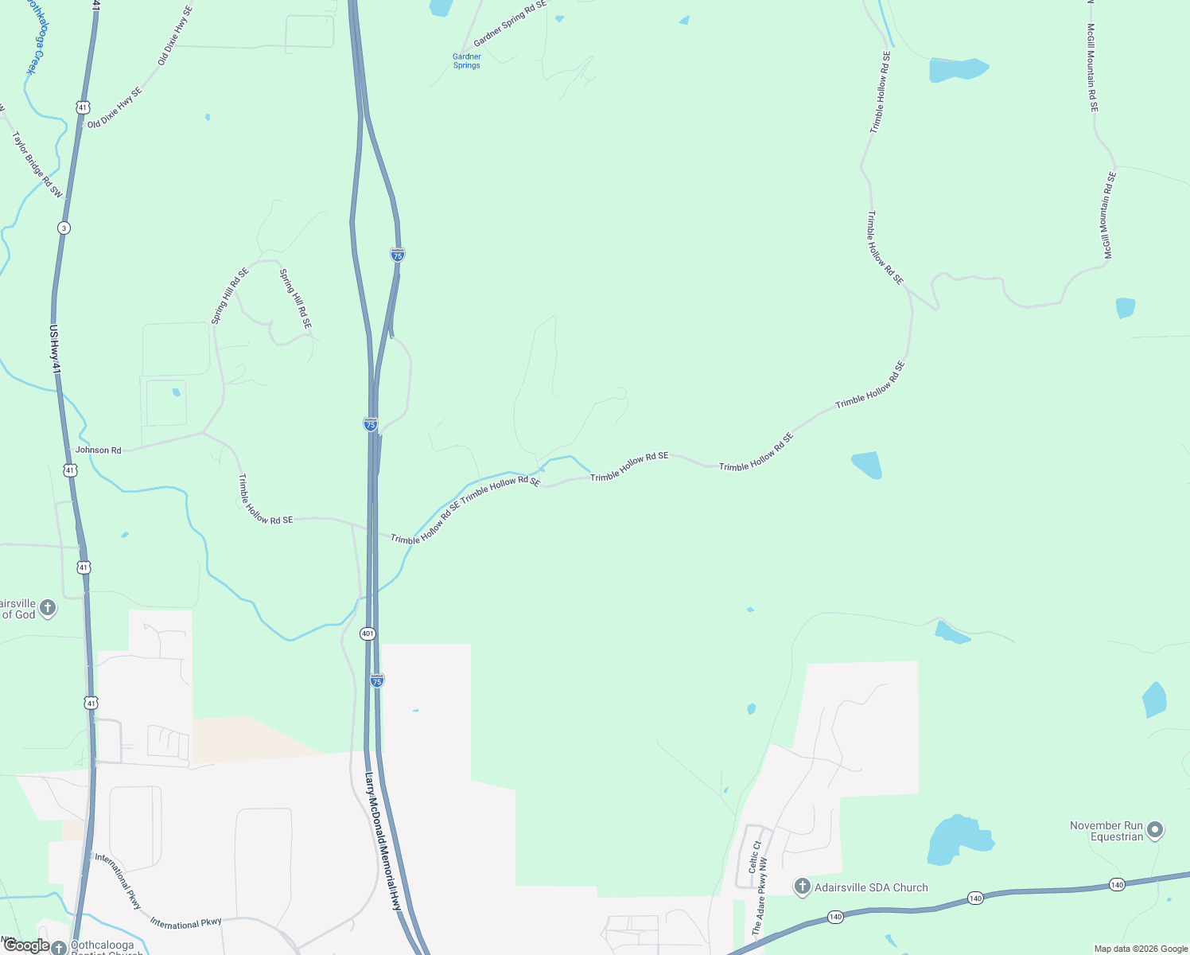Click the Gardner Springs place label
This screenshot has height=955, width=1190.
(467, 60)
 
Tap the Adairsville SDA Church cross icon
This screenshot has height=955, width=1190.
(803, 887)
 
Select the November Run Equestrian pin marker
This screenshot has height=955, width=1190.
(1156, 830)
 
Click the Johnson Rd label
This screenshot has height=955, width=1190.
(98, 450)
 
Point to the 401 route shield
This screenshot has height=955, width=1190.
(367, 633)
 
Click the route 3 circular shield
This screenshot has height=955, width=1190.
(64, 228)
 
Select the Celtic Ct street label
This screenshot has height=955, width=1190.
(756, 856)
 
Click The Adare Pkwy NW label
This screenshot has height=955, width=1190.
(760, 895)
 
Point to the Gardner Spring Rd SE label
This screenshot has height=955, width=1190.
(510, 24)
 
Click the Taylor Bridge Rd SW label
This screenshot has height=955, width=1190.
(37, 164)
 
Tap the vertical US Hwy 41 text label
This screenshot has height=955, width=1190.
(55, 349)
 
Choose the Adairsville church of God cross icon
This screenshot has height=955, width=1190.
(48, 609)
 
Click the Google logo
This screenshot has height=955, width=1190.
(25, 945)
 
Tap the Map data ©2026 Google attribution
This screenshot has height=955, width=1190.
(1141, 949)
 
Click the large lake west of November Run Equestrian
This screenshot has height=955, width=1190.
(957, 840)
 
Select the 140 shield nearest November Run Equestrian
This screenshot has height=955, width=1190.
(1117, 885)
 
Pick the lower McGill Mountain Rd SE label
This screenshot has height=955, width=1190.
(1109, 215)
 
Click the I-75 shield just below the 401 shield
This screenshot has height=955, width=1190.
(377, 680)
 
